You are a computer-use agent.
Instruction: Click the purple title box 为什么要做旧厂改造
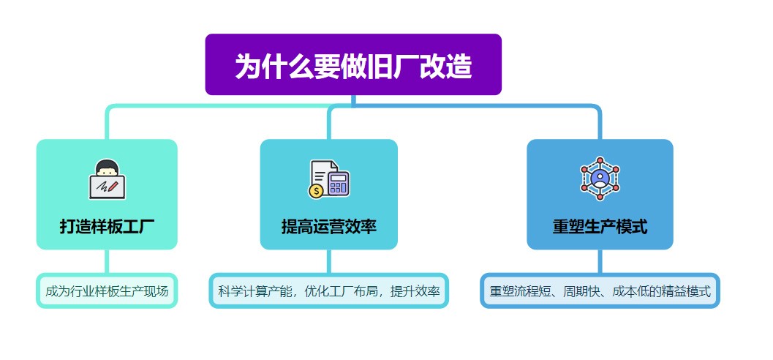pos(353,64)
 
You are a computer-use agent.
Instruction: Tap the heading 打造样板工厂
pos(107,227)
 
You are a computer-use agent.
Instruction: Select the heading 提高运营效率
pos(329,227)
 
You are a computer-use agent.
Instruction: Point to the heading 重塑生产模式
pos(600,227)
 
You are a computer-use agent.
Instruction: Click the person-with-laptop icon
pos(107,179)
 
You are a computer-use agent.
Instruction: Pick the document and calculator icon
pos(329,179)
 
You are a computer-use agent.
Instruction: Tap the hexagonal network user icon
pos(600,178)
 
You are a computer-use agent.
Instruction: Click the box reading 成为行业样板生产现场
pos(107,291)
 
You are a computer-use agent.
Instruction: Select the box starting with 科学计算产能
pos(329,291)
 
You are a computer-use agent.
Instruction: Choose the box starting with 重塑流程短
pos(600,291)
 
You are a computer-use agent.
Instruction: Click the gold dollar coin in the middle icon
pos(315,190)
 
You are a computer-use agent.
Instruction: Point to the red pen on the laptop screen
pos(113,187)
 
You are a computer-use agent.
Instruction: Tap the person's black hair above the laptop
pos(107,165)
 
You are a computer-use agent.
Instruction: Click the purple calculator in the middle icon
pos(339,182)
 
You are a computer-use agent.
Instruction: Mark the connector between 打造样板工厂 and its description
pos(107,261)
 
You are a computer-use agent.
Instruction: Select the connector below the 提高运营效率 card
pos(329,261)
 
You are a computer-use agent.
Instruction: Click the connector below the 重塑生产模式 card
pos(600,261)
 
